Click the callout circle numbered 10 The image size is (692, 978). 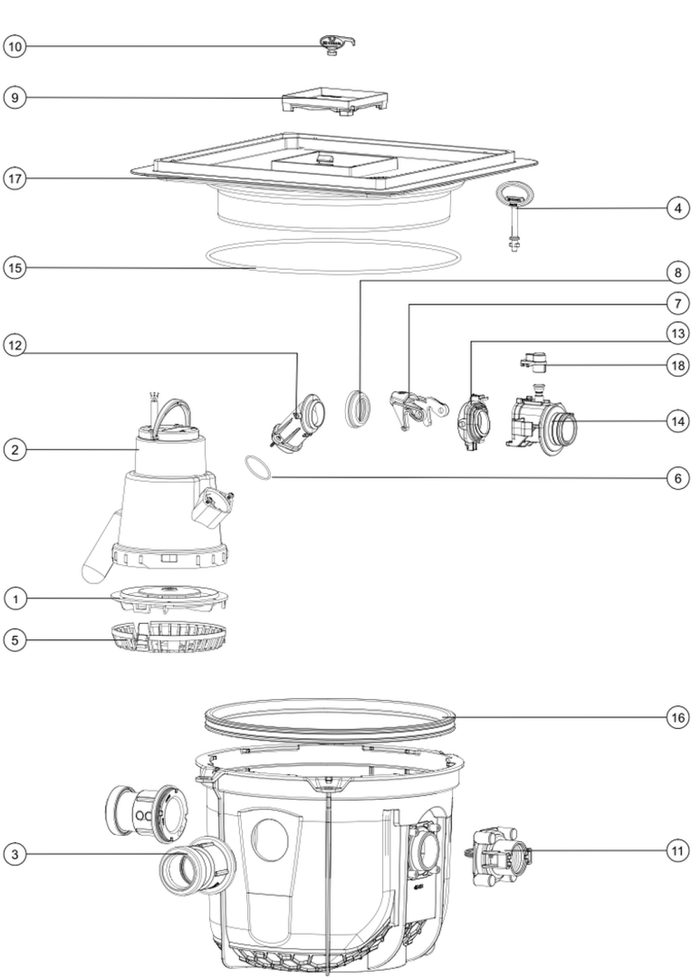(x=15, y=46)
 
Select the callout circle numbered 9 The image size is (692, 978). (x=15, y=97)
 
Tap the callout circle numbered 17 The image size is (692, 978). (x=15, y=179)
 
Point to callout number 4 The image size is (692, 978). (x=678, y=208)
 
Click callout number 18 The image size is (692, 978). (x=678, y=364)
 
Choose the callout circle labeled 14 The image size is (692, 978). (x=678, y=421)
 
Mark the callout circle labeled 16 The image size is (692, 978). (x=678, y=717)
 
